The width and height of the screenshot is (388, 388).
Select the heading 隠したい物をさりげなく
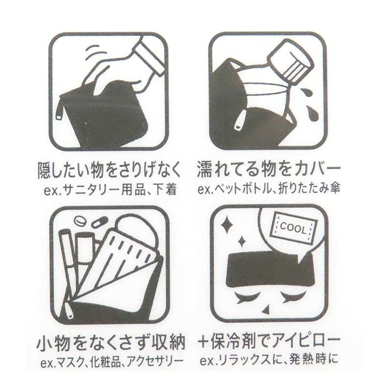[109, 171]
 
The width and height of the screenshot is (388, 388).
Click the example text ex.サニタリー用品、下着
[109, 188]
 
